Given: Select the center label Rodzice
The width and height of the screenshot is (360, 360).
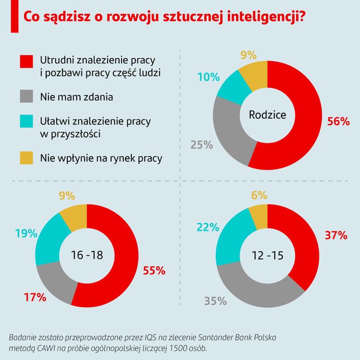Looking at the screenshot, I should [x=267, y=115].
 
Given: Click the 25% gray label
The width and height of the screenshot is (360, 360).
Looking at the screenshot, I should [x=202, y=144].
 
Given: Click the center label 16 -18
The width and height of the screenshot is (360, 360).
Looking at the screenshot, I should [x=87, y=255].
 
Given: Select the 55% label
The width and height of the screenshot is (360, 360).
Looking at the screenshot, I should [x=154, y=270].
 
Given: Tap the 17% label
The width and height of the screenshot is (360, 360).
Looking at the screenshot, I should [x=35, y=297].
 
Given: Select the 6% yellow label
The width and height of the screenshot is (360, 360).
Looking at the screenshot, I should [x=259, y=195].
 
